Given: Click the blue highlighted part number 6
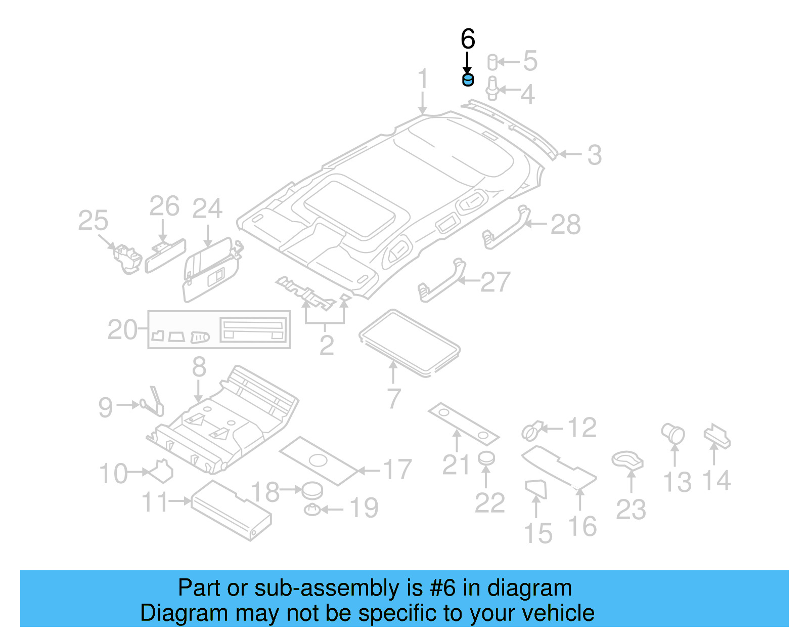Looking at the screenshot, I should pos(468,79).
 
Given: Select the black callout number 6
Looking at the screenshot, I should pos(468,39).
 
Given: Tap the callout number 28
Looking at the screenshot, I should pos(565,225).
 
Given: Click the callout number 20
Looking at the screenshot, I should pos(122,330).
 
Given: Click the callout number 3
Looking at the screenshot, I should pos(595,155).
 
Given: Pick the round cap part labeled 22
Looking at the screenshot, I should pos(486,458).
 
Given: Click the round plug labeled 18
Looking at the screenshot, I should pos(312,489).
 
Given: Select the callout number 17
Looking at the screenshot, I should pos(397,470).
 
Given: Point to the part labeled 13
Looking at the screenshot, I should pos(673,434).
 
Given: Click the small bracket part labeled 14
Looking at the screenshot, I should pos(717,436).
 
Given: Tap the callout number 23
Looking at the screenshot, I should pos(631,509).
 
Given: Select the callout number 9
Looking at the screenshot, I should pos(106,407).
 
